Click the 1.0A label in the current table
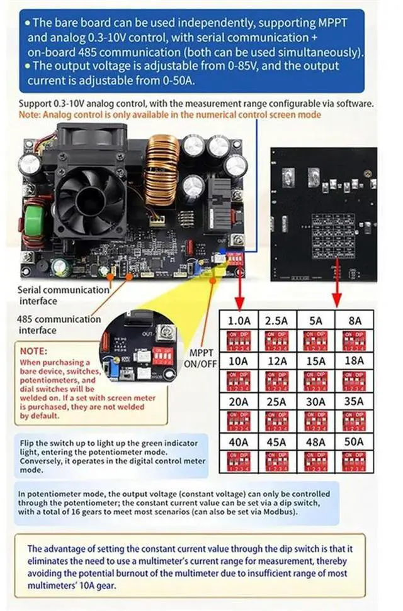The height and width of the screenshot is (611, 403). click(x=239, y=321)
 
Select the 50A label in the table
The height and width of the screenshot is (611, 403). click(x=354, y=442)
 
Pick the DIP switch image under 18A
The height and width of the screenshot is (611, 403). click(x=354, y=380)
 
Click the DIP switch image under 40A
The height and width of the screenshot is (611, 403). click(x=239, y=460)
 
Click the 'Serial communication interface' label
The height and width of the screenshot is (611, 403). click(x=63, y=295)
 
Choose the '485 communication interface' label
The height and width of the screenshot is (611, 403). click(x=59, y=324)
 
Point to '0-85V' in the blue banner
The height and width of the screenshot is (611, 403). click(x=251, y=66)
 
